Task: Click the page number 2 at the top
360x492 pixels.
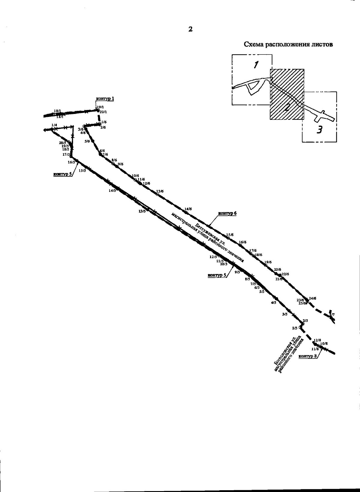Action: point(190,29)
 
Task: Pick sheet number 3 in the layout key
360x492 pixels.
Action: point(320,130)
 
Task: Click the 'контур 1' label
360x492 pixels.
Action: point(105,99)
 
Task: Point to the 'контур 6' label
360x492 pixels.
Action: point(227,213)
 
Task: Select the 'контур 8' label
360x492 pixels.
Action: point(307,356)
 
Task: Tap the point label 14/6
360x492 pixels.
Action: point(188,209)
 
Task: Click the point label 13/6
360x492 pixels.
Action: point(160,191)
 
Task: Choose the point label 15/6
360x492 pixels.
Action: point(230,235)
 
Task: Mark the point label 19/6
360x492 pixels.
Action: point(268,262)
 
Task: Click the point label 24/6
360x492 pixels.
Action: point(312,298)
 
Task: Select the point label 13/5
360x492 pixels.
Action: point(142,211)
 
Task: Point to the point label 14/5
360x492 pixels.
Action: point(112,190)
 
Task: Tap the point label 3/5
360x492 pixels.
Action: point(285,314)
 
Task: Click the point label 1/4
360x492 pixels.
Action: point(54,125)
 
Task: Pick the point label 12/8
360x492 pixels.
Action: point(317,340)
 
